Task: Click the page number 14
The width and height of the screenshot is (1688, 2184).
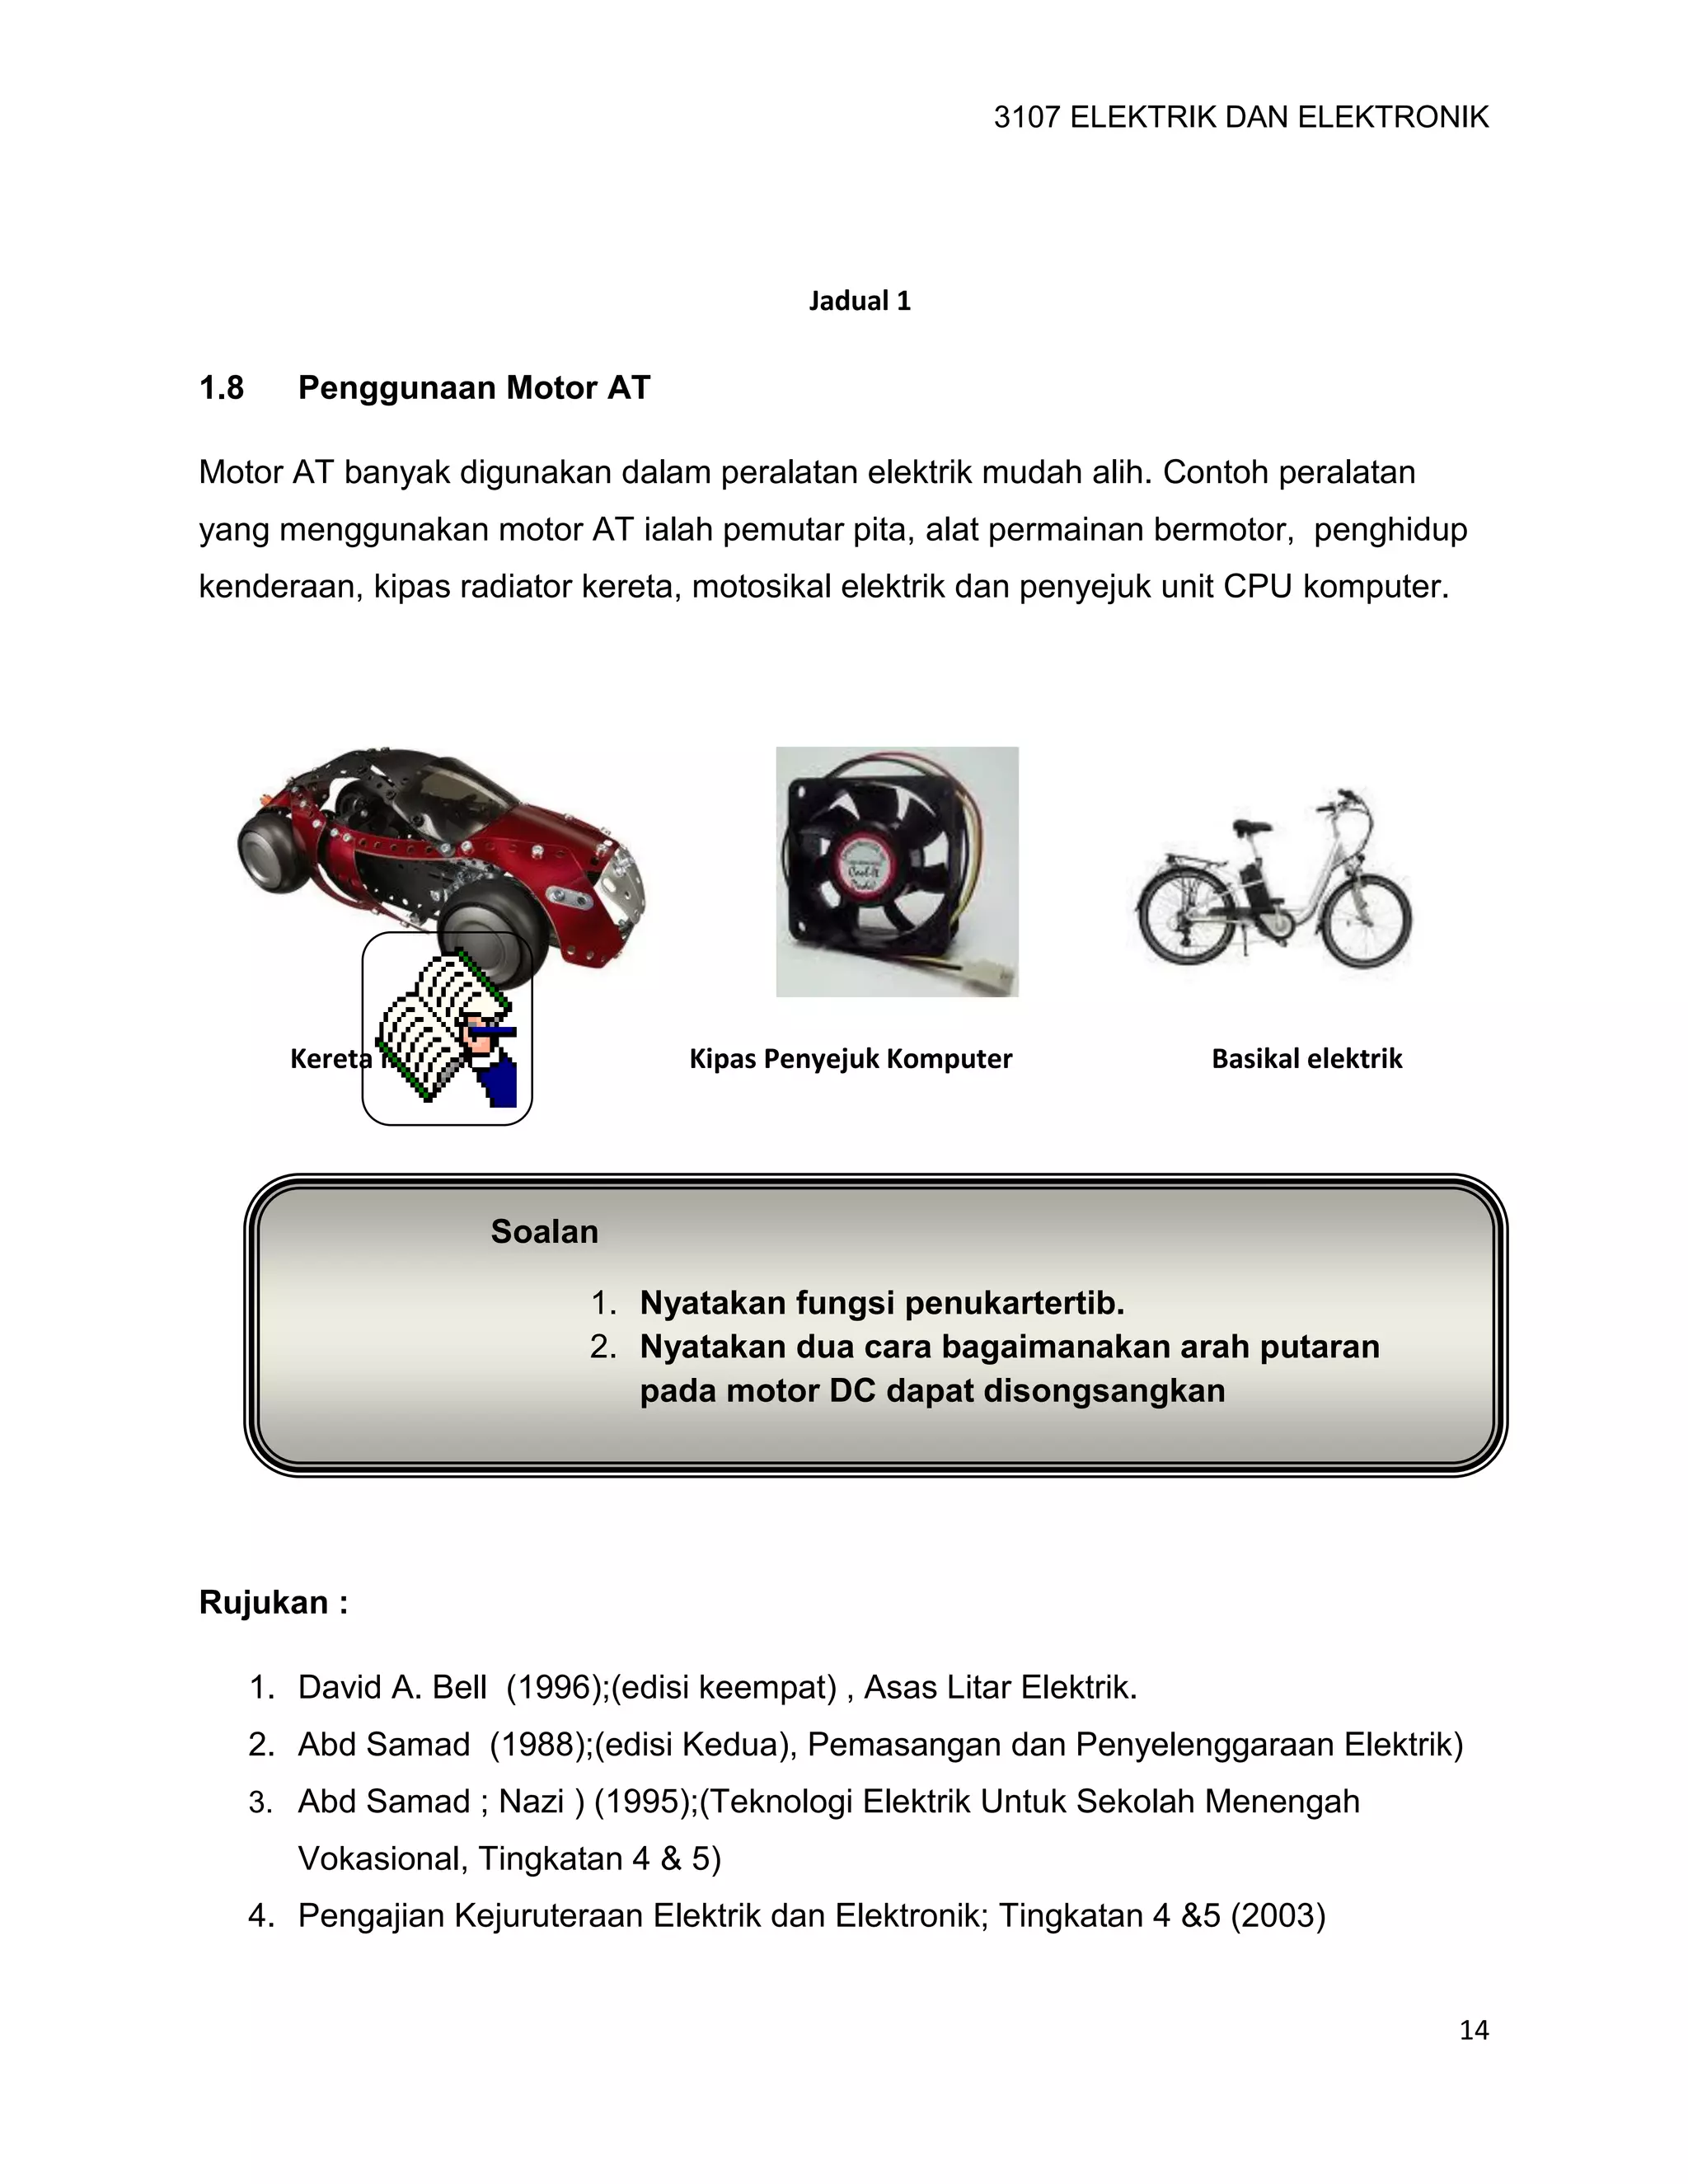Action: (1473, 2029)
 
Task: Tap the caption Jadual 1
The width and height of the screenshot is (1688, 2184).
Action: (859, 301)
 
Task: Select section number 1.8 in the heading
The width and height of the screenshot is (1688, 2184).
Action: (221, 388)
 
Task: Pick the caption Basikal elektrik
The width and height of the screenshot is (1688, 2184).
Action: (1306, 1059)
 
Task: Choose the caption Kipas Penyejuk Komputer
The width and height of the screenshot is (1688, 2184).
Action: (850, 1059)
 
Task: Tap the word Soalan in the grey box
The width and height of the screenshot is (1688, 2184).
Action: (544, 1231)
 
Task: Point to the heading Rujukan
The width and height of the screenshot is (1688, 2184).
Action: (273, 1602)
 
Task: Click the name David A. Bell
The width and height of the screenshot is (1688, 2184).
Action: (392, 1688)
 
